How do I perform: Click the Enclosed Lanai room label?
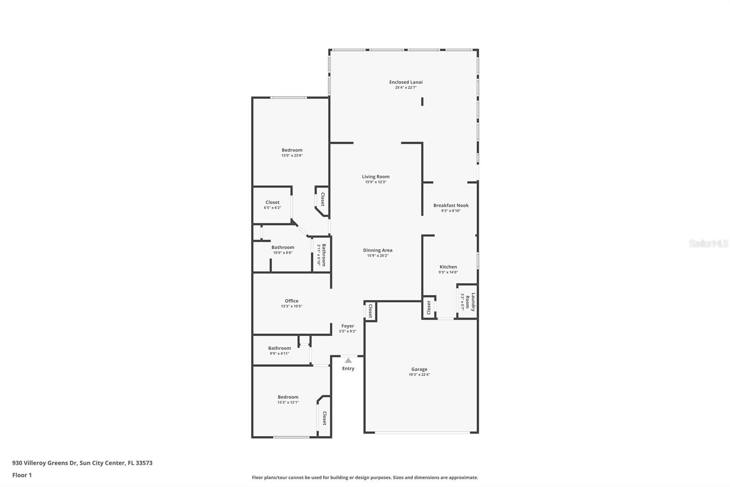click(x=406, y=82)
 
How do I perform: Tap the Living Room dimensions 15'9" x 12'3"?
click(x=375, y=182)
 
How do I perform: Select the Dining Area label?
click(x=377, y=250)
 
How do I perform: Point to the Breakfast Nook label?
click(x=451, y=205)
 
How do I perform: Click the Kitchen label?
click(x=448, y=267)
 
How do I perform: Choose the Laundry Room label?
click(x=470, y=302)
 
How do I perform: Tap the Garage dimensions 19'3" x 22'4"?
click(x=419, y=375)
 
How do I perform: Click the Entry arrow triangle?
click(x=348, y=360)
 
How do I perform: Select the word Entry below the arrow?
click(x=348, y=368)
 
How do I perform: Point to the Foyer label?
click(x=348, y=326)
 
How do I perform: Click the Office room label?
click(x=292, y=301)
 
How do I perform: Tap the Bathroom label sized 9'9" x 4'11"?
click(x=279, y=348)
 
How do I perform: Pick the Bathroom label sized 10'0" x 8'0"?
click(x=283, y=247)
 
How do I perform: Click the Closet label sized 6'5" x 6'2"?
click(x=272, y=202)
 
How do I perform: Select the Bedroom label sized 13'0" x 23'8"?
click(x=292, y=150)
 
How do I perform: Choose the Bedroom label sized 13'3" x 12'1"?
click(x=288, y=397)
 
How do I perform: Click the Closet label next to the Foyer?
click(x=370, y=311)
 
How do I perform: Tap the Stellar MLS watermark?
click(x=708, y=243)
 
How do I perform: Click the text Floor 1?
click(x=22, y=475)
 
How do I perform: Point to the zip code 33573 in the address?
click(x=144, y=463)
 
